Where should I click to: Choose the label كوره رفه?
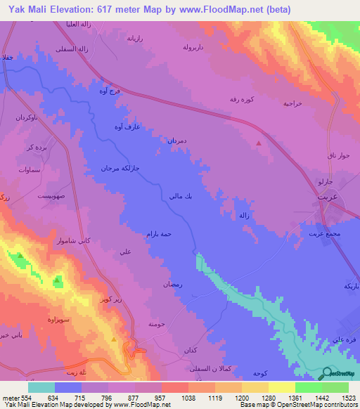(x=245, y=100)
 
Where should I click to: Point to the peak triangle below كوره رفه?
(x=259, y=143)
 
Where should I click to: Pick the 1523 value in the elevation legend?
(x=340, y=397)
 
